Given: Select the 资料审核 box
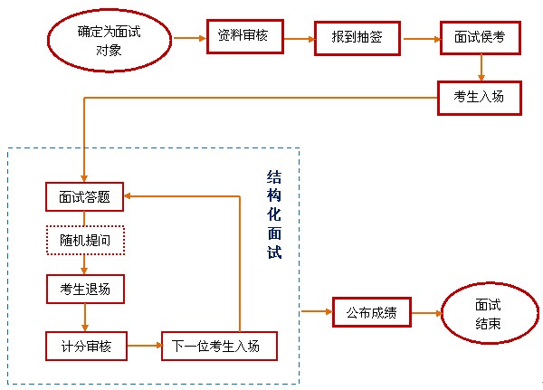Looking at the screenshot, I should pos(244,37).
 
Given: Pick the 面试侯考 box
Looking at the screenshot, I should pos(479,41).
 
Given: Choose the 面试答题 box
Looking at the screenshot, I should pos(84,197).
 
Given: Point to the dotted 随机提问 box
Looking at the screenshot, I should pos(84,242).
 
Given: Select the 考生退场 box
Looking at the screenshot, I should pos(84,290).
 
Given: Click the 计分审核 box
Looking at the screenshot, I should pos(84,345).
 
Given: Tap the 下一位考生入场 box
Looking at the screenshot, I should pos(218,347).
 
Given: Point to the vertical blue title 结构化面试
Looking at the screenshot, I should pos(274,214).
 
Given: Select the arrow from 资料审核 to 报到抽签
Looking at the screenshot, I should pos(298,39).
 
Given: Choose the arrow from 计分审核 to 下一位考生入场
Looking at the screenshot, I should pos(143,345).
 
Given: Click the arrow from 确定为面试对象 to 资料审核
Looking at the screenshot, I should pos(187,38).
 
